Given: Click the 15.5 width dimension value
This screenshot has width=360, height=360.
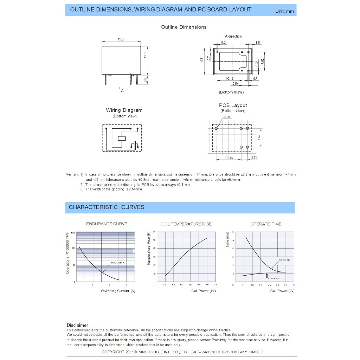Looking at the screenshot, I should point(120,39).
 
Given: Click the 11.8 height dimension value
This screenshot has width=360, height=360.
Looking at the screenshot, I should point(145,56).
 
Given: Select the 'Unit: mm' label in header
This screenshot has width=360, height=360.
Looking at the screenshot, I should point(284,11).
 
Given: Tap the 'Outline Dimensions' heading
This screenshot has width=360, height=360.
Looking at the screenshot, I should point(184,27).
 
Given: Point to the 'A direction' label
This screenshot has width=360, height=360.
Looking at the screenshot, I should point(233,36).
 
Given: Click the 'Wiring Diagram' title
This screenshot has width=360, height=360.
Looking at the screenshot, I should point(124,110).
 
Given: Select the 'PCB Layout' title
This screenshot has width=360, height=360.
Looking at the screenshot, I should point(233,105).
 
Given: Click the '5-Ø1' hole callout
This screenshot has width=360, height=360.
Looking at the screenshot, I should point(226,117).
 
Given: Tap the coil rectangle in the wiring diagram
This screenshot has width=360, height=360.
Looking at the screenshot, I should point(121,138).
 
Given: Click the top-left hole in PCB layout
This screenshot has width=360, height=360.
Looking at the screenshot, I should point(216,128).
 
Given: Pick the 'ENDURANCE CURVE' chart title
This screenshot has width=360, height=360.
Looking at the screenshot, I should point(107,224).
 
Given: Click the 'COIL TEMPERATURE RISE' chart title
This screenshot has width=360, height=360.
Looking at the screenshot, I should point(186,224).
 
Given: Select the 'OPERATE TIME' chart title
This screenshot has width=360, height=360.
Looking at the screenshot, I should point(266,224).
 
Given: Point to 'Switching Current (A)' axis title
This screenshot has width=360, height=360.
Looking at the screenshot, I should point(118,291).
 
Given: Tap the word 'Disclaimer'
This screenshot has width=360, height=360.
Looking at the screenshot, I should point(77,325).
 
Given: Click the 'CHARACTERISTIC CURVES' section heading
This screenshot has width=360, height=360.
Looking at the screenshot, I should point(107,207).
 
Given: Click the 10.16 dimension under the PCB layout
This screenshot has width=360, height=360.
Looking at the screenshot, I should point(229,158).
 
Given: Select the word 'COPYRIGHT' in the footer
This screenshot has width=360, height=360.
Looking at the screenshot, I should point(112,352).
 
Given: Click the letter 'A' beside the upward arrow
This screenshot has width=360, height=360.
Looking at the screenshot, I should point(122,91).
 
